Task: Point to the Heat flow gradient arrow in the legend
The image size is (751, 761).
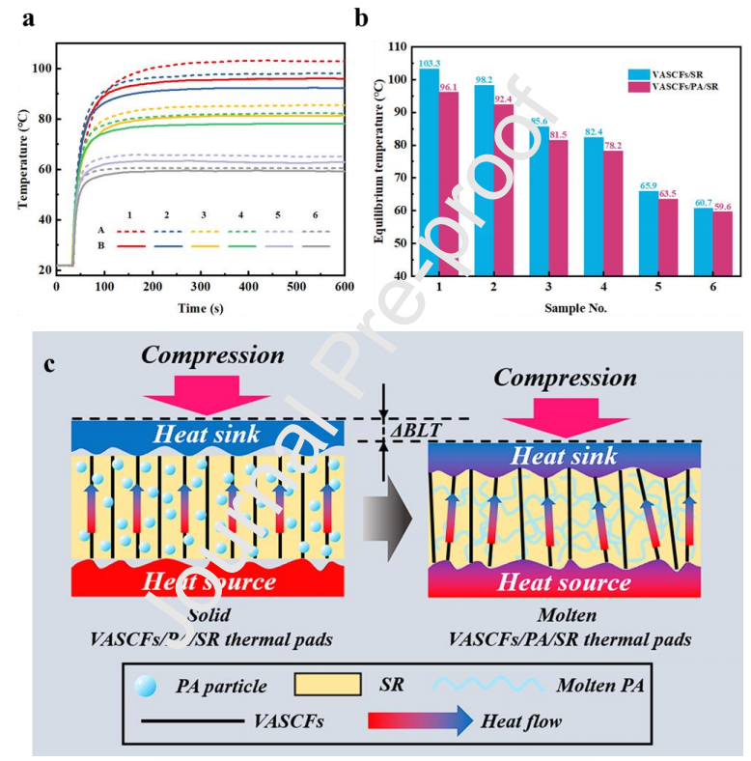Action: coord(421,720)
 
